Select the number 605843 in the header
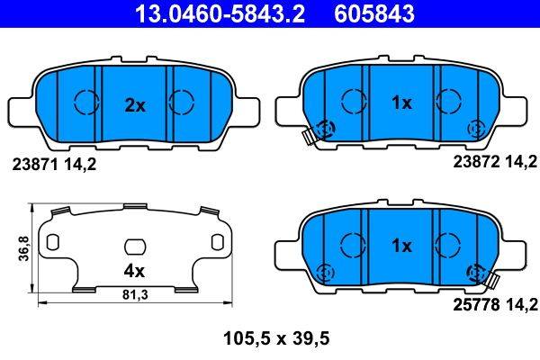[x=388, y=13]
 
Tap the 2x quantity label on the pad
[x=134, y=105]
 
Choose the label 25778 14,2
[x=486, y=305]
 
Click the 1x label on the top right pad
[x=402, y=103]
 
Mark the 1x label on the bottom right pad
[x=402, y=246]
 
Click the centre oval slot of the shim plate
[x=134, y=245]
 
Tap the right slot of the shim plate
[x=216, y=243]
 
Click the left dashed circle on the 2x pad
[x=85, y=103]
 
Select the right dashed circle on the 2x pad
[x=183, y=103]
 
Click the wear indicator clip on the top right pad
[x=310, y=138]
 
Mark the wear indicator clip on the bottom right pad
[x=483, y=279]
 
